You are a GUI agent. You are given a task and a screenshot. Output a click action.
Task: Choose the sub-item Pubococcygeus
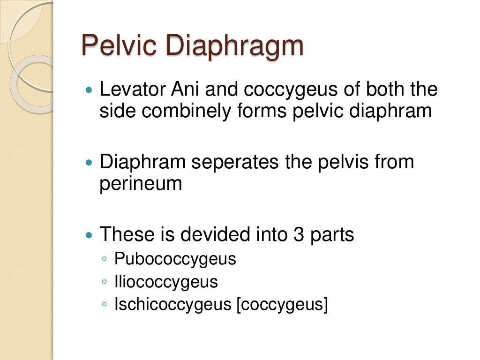175,259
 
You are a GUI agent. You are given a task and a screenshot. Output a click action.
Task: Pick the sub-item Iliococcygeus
166,282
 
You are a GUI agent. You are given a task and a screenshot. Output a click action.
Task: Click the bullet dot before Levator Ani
90,90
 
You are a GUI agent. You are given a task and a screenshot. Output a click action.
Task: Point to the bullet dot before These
90,234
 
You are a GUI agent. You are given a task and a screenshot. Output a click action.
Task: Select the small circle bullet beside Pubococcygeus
104,259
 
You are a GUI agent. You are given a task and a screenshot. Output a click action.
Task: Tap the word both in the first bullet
386,90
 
